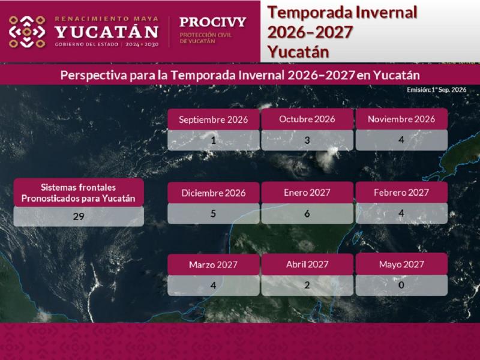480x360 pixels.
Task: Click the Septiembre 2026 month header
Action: (214, 119)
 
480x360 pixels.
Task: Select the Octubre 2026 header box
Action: (307, 119)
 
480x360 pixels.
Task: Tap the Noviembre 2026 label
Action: (401, 119)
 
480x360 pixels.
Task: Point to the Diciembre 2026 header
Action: (214, 193)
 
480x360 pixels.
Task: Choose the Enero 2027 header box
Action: (307, 193)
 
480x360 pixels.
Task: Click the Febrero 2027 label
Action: (401, 193)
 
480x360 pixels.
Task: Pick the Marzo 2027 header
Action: (214, 265)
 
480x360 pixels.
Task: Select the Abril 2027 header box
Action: (307, 265)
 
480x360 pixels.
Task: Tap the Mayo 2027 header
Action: (401, 265)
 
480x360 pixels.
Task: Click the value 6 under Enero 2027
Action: (307, 214)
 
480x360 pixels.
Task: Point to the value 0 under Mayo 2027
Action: (401, 285)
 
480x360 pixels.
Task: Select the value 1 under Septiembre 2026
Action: (214, 140)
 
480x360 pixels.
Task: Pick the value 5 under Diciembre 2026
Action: (214, 214)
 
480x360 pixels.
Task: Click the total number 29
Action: (79, 217)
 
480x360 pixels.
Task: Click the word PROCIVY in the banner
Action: (213, 22)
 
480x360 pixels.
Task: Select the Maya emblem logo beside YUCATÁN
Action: (27, 32)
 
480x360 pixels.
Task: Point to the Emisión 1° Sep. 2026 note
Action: (437, 89)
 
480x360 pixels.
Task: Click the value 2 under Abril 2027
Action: (307, 285)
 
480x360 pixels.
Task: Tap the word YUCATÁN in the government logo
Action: (107, 32)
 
